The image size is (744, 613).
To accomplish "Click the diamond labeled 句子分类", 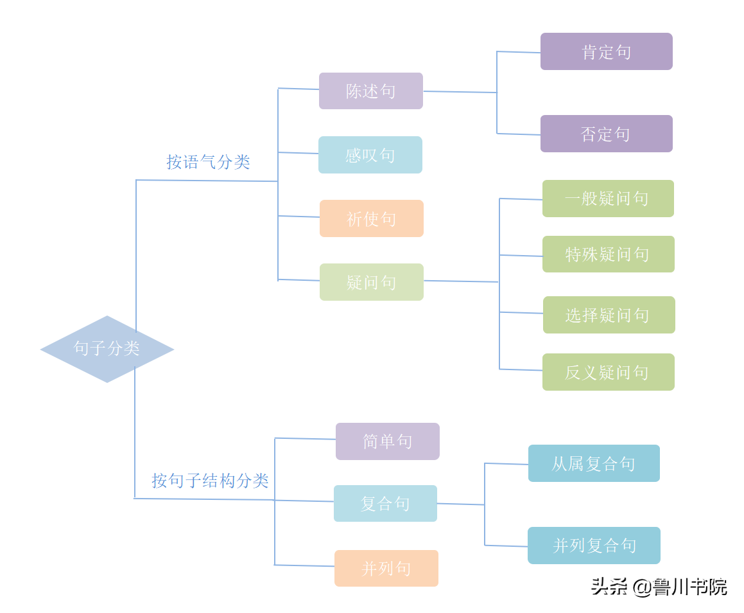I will pyautogui.click(x=107, y=349).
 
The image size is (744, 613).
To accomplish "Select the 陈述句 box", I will pyautogui.click(x=371, y=91).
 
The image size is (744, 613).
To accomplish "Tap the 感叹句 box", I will pyautogui.click(x=370, y=155).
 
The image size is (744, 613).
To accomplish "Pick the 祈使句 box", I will pyautogui.click(x=372, y=218).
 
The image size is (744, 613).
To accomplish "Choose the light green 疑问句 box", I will pyautogui.click(x=372, y=282).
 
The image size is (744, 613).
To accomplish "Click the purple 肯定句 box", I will pyautogui.click(x=607, y=51).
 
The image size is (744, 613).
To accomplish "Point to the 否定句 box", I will pyautogui.click(x=607, y=134).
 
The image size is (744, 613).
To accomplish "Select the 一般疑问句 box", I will pyautogui.click(x=608, y=199).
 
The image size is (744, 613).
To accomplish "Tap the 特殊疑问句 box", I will pyautogui.click(x=608, y=254).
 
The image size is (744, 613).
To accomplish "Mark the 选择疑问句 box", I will pyautogui.click(x=609, y=315).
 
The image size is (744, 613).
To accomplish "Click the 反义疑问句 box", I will pyautogui.click(x=608, y=372).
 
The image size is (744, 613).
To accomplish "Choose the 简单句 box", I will pyautogui.click(x=388, y=441).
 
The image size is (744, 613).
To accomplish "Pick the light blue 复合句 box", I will pyautogui.click(x=385, y=503).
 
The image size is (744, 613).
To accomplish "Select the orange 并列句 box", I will pyautogui.click(x=386, y=568).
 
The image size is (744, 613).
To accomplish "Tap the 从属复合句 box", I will pyautogui.click(x=594, y=463).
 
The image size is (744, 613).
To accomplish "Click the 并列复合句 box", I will pyautogui.click(x=594, y=546).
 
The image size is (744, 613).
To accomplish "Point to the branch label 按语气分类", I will pyautogui.click(x=208, y=162).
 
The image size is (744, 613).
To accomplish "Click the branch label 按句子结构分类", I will pyautogui.click(x=210, y=481).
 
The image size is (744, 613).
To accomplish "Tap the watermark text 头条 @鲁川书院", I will pyautogui.click(x=659, y=587).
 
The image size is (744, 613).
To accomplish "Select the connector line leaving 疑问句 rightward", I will pyautogui.click(x=461, y=281).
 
